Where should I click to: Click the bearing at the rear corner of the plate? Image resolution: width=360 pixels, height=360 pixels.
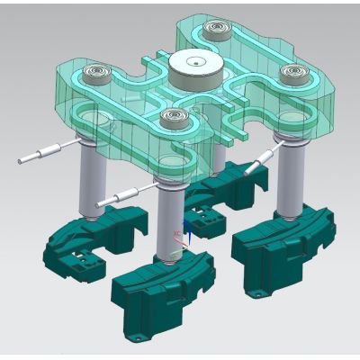[215, 30]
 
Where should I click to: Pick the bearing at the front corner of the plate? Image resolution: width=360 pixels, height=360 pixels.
[168, 117]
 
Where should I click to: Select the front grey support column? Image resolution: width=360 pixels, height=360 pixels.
[168, 220]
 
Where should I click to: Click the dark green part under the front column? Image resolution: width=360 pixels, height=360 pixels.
[162, 288]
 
